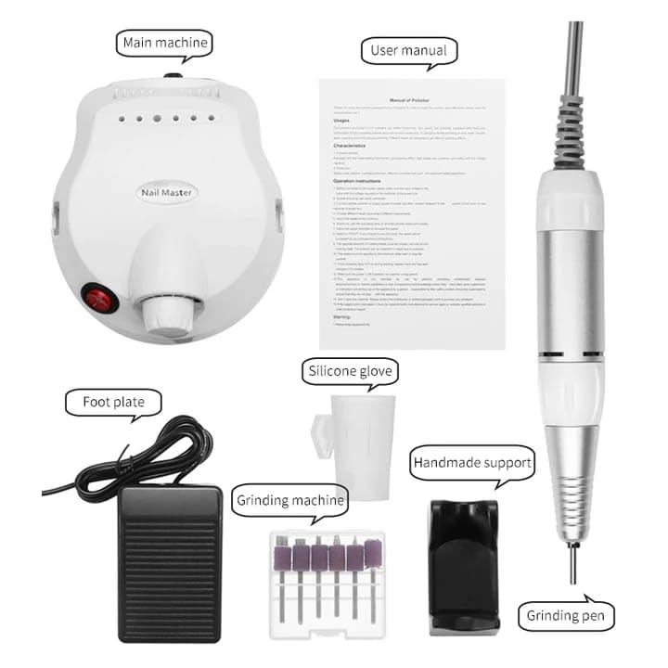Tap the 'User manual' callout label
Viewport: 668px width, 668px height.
click(x=409, y=50)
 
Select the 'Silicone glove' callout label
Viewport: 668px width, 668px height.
click(x=351, y=372)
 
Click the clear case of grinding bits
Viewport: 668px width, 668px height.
click(x=325, y=583)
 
